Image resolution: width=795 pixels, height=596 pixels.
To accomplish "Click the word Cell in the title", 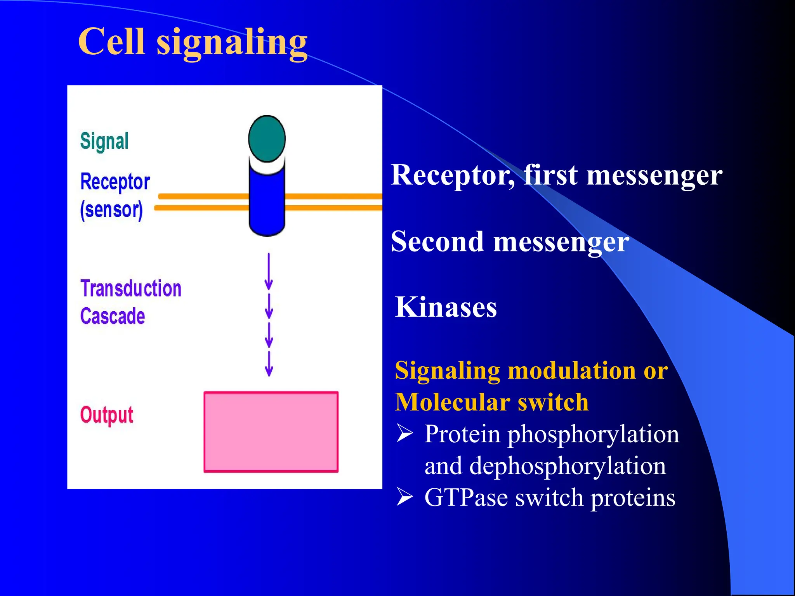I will pos(111,42).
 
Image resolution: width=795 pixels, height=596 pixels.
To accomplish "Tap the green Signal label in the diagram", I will pos(104,141).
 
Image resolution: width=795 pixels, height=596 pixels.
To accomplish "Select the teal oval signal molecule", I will pos(267,139).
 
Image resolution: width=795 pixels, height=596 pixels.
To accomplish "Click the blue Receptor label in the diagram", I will pos(115,182).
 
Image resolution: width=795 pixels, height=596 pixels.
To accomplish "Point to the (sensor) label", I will pos(111,210).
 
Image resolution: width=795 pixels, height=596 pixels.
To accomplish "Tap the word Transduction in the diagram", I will pos(131,288).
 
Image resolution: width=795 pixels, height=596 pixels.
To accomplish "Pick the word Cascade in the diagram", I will pos(113,316).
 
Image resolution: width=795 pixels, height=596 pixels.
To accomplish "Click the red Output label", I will pos(106,415).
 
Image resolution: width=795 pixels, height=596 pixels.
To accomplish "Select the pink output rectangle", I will pos(271,432).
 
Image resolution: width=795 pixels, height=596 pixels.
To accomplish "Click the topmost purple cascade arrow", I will pos(269,271).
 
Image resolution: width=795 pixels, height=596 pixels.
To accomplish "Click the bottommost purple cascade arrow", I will pos(269,364).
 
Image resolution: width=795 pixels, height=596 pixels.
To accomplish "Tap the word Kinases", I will pos(446,307).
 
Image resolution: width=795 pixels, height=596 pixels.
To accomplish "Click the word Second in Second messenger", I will pos(437,241).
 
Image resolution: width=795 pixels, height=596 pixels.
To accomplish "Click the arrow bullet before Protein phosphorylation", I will pos(404,434).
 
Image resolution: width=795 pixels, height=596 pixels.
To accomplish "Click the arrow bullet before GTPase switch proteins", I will pos(404,497).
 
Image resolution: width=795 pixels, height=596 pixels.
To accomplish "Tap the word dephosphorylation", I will pos(568,466).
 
